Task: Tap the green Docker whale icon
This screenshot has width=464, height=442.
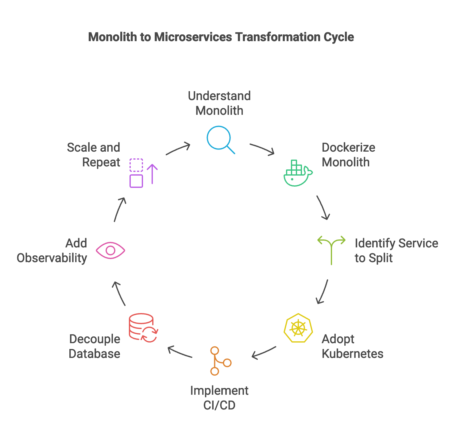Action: coord(297,173)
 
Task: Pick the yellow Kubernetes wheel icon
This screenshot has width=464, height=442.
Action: coord(298,328)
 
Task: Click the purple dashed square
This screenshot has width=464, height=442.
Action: coord(136,165)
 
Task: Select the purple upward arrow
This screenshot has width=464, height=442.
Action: coord(152,174)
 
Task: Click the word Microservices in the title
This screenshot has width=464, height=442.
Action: coord(193,37)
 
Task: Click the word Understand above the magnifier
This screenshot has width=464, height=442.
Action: coord(219,96)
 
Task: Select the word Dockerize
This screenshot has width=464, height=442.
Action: coord(348,148)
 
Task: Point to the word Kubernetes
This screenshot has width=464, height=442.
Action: coord(353,354)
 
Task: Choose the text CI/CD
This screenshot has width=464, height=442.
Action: coord(219,405)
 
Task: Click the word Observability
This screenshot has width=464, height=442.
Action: coord(52,258)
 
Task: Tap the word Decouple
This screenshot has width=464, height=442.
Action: coord(95,339)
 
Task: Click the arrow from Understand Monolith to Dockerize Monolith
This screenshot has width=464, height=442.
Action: coord(262,149)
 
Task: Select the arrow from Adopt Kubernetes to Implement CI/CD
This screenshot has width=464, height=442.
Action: coord(264,352)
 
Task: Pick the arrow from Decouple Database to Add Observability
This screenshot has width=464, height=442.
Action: coord(119,293)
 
